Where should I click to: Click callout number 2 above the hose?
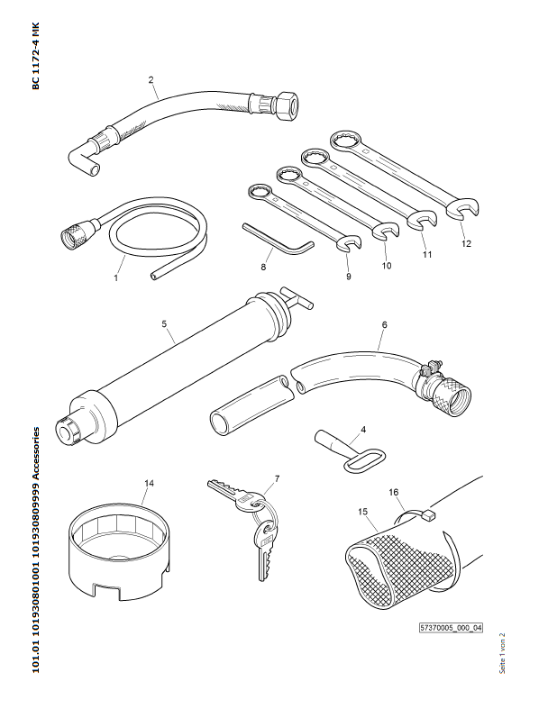click(151, 79)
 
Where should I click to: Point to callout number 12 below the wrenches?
click(465, 243)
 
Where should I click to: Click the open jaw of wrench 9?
click(350, 242)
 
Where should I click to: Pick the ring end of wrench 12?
click(344, 140)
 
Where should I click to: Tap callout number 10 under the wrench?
click(386, 266)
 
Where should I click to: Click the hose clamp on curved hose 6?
click(429, 368)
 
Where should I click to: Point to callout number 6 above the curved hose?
click(384, 323)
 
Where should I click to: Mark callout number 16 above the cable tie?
click(393, 493)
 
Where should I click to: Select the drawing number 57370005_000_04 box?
click(452, 628)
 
